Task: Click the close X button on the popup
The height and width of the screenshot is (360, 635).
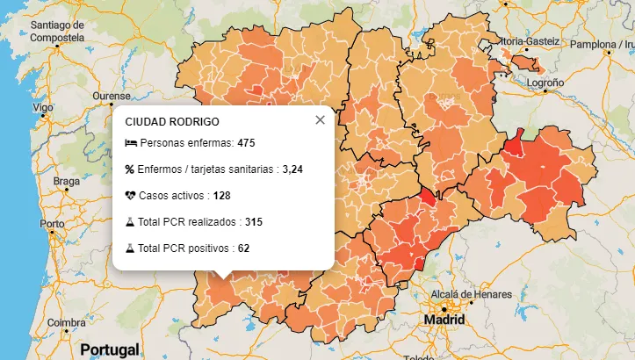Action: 320,120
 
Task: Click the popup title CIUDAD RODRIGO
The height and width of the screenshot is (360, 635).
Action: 172,121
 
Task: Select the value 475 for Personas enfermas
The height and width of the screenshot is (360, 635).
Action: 246,143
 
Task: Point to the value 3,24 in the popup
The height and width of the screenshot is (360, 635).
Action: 292,169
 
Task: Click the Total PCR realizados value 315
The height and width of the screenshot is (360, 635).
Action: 254,221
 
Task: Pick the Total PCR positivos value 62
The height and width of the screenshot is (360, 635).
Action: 243,248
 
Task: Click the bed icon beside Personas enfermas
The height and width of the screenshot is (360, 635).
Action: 131,143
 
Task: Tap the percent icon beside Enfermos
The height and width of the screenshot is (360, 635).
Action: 130,169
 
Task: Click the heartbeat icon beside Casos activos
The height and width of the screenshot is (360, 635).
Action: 131,195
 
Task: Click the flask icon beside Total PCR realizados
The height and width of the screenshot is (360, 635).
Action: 130,221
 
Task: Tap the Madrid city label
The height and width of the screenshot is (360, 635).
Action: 444,320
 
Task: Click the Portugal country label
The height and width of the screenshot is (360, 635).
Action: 109,349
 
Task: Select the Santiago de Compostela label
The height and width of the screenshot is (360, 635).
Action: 57,32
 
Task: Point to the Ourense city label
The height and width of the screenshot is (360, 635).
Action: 112,95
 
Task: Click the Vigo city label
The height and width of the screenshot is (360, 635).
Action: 42,107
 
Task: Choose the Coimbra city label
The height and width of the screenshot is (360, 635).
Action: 67,322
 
